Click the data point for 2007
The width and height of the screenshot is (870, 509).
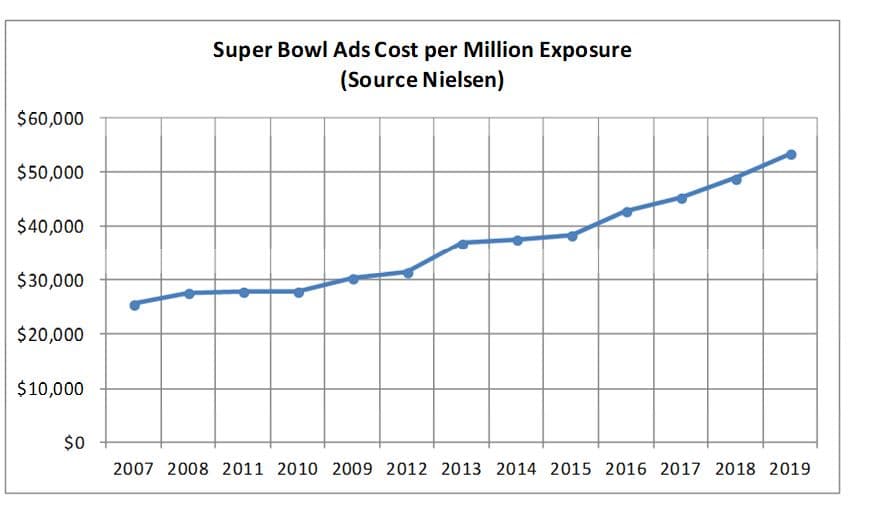134,304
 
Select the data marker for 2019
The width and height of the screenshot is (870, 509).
791,154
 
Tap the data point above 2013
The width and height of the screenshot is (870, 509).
463,243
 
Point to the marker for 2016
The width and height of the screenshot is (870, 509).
627,211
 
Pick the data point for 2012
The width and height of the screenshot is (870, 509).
408,272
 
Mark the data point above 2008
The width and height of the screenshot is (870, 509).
189,293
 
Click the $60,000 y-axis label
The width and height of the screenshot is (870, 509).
51,119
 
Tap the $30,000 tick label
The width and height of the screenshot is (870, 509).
51,281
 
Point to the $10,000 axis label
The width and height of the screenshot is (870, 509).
51,389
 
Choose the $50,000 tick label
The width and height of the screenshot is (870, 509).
51,173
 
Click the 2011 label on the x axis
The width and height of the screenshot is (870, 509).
244,468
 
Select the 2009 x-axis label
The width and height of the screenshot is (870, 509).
353,468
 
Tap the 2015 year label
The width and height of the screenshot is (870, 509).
572,468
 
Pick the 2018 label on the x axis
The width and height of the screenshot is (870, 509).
736,468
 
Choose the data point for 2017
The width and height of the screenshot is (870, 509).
682,198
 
